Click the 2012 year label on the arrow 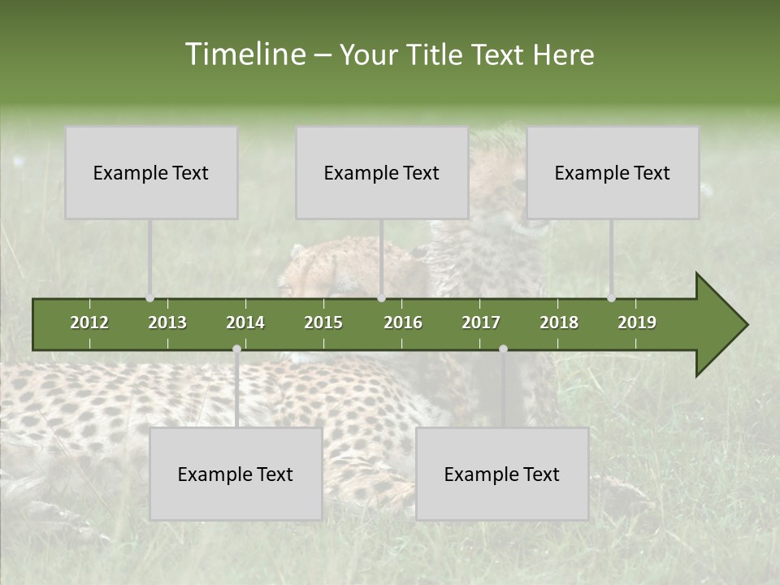(x=89, y=323)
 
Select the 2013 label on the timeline (x=167, y=323)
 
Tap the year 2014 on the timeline (x=245, y=323)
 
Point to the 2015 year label (x=323, y=323)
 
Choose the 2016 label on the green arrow (x=403, y=323)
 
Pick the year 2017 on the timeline (x=481, y=323)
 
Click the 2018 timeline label (x=559, y=323)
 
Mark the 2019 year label (x=637, y=323)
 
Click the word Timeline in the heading (x=245, y=54)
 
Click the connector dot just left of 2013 (x=149, y=298)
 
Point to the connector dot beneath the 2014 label (x=236, y=349)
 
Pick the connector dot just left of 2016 (x=381, y=298)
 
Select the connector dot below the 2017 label (x=503, y=349)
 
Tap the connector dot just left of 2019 (x=611, y=298)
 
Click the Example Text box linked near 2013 (x=151, y=172)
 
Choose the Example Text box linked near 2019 (x=613, y=172)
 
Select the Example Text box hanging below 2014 (x=236, y=474)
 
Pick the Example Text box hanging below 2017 (x=502, y=474)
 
